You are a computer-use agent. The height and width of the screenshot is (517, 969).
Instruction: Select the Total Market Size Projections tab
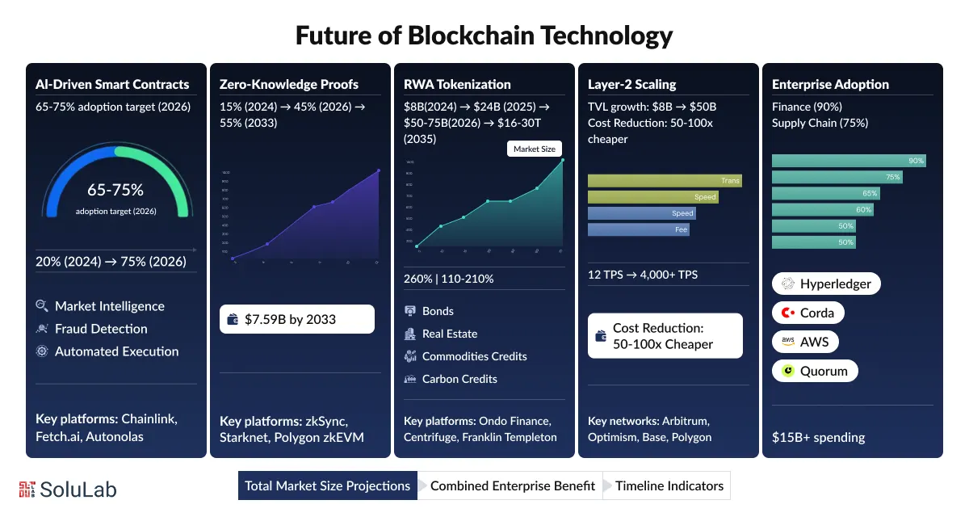coord(327,485)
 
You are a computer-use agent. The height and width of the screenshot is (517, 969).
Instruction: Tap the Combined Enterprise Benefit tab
coord(512,485)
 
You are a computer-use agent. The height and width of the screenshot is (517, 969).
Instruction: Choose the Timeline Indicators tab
coord(669,485)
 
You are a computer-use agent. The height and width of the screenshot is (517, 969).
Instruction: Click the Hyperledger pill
coord(826,284)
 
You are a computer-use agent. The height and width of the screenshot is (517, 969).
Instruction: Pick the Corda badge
coord(808,313)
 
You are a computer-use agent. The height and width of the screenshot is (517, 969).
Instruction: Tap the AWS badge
coord(805,342)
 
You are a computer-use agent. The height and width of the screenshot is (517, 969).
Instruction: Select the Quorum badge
coord(815,371)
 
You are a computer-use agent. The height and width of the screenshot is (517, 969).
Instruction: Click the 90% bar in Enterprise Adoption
coord(849,161)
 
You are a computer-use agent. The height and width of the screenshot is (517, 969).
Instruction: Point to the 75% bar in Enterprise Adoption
coord(837,177)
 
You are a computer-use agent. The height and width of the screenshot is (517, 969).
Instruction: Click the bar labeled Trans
coord(664,181)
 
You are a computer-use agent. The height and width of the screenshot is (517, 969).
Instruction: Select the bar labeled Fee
coord(638,229)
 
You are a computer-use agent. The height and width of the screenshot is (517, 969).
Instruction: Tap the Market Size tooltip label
coord(534,149)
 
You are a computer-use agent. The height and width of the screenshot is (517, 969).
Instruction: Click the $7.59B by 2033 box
coord(296,319)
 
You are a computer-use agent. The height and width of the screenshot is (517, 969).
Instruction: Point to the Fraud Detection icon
coord(42,329)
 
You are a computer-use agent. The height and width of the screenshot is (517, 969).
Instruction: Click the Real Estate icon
coord(409,334)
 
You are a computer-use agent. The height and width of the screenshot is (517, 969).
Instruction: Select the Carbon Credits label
coord(459,379)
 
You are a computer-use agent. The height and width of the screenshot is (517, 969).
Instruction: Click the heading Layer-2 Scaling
coord(632,84)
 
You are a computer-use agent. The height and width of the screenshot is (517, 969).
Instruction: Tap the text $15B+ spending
coord(818,437)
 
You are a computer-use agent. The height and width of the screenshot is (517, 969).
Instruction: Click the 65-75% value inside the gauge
coord(115,191)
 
